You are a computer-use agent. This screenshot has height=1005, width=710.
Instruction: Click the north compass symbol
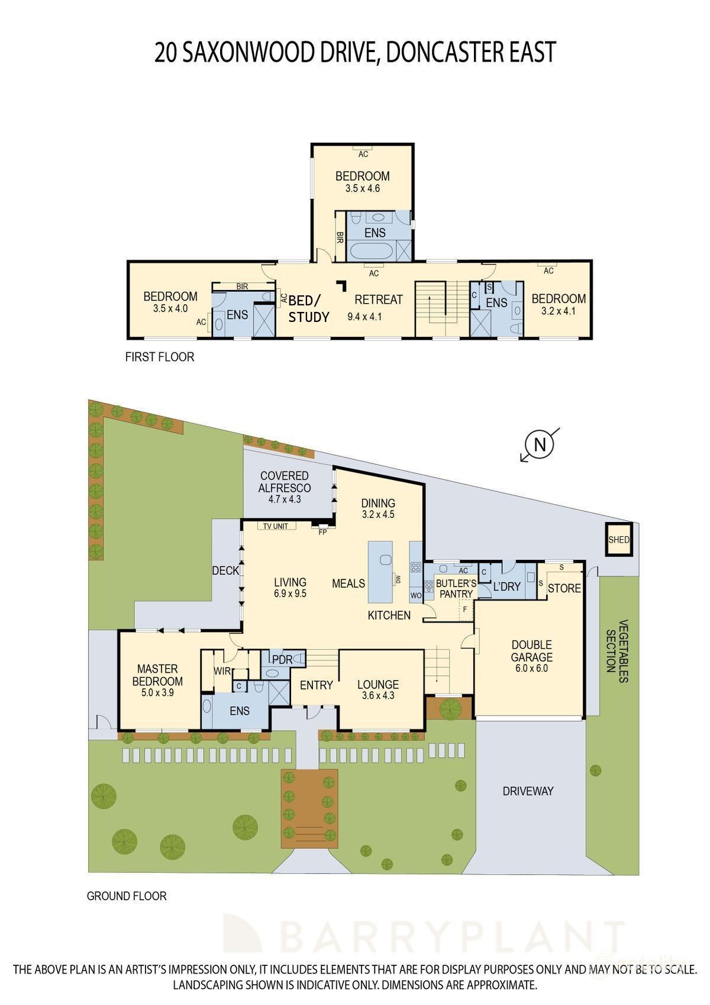(539, 444)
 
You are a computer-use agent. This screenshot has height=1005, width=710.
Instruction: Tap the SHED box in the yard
(619, 540)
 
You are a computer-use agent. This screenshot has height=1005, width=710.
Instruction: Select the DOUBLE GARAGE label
(531, 651)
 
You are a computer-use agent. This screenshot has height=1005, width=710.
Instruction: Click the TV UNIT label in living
(276, 526)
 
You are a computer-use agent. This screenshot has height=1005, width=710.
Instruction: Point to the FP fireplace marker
(322, 532)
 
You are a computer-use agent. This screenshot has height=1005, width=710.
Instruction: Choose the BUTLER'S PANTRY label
(456, 589)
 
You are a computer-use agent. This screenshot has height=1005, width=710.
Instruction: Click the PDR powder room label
(279, 659)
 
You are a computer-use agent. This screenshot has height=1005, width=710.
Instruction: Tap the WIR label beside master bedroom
(222, 672)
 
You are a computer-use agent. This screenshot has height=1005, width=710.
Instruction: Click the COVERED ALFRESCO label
(285, 482)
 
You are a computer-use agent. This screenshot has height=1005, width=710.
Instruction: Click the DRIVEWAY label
(528, 791)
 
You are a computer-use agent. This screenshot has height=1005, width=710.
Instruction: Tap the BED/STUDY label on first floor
(308, 308)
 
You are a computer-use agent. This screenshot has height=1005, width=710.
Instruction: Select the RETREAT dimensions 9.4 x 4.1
(364, 317)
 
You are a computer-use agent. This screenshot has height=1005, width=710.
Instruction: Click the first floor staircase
(437, 308)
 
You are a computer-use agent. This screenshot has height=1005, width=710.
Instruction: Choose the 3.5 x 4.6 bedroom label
(362, 189)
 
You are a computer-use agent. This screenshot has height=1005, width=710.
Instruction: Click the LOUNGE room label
(377, 685)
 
